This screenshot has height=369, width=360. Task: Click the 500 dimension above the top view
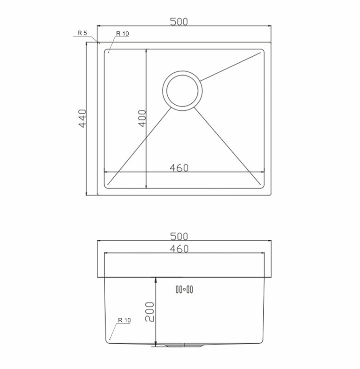(179, 22)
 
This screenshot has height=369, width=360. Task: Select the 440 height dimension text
(83, 119)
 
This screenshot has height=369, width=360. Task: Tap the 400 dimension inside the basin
(142, 119)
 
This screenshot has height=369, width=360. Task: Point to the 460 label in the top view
(179, 168)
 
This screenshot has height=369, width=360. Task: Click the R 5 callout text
(83, 33)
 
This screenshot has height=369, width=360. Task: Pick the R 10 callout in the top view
(123, 34)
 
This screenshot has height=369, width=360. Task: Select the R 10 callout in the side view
(124, 320)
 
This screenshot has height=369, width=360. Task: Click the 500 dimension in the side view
(179, 236)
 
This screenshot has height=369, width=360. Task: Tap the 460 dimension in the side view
(179, 249)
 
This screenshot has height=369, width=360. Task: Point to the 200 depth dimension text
(149, 312)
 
